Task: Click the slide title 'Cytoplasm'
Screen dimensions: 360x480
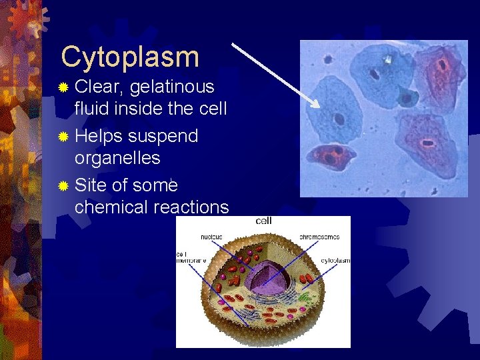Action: [130, 57]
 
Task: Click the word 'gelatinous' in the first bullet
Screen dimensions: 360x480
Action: [172, 87]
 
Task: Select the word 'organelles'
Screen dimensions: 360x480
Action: [117, 158]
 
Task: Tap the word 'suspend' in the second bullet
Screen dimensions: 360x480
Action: [163, 136]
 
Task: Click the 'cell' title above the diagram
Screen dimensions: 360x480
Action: [263, 221]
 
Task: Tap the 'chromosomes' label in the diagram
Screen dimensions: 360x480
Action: [319, 237]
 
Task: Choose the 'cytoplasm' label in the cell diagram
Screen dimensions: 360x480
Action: [335, 260]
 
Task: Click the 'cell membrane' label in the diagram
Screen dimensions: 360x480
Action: [188, 258]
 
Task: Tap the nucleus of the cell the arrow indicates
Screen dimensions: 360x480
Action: [339, 119]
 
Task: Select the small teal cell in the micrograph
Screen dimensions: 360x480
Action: [407, 97]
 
